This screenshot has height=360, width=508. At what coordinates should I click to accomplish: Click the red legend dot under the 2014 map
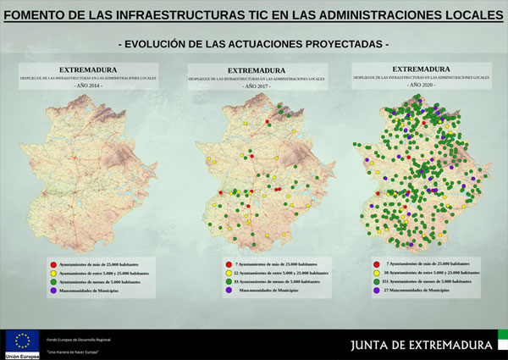click(52, 265)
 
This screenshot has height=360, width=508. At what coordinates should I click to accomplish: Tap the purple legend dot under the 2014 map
click(52, 291)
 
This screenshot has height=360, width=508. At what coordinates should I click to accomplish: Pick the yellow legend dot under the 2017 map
click(229, 274)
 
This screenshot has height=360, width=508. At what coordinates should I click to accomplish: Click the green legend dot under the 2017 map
click(229, 282)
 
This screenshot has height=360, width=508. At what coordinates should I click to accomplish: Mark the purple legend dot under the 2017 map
click(229, 291)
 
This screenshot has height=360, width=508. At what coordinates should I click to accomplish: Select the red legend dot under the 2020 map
click(376, 264)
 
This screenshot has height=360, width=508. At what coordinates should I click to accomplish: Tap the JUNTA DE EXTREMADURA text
click(422, 345)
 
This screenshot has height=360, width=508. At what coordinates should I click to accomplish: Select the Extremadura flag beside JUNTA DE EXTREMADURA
click(500, 344)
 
